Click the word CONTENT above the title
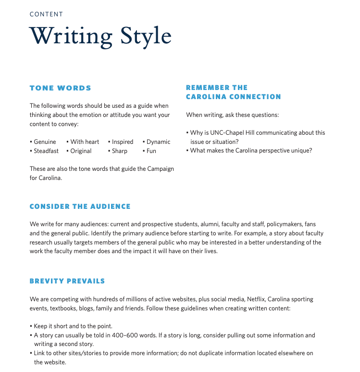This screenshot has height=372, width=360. point(46,14)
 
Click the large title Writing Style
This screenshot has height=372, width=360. point(100,37)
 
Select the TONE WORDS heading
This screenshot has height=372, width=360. point(60,88)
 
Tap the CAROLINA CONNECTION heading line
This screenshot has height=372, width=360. point(233,97)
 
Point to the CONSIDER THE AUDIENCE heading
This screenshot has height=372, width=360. point(80,206)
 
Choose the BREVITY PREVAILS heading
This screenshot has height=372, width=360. point(67,281)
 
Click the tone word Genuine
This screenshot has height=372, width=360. point(45,142)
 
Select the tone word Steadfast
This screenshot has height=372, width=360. point(46,151)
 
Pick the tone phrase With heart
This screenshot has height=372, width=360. point(85,142)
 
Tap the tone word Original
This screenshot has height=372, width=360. point(81,151)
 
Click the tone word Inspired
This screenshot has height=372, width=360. point(123,142)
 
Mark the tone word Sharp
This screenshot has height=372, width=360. point(120,151)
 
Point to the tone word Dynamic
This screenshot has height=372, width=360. point(158,142)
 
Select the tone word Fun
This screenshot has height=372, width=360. point(151,151)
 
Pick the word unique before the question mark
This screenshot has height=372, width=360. point(300,151)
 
